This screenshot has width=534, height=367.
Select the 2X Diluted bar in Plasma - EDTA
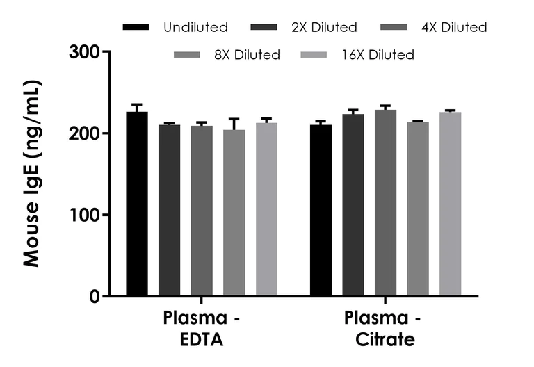(169, 211)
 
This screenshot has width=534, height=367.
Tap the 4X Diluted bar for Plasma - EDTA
(202, 211)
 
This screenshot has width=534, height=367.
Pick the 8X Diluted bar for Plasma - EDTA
(234, 213)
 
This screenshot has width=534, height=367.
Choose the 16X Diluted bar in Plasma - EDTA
(267, 209)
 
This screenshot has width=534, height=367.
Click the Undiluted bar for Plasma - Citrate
(321, 211)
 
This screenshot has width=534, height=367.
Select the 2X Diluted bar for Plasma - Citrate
(353, 205)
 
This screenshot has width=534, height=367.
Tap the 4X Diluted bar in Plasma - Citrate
(385, 203)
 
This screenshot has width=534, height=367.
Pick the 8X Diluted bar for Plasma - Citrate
(418, 209)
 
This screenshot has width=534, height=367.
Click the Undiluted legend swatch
(136, 28)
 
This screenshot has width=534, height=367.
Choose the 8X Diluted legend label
(248, 54)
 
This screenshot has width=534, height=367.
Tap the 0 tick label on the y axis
(94, 297)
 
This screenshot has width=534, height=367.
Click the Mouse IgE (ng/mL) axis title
(32, 174)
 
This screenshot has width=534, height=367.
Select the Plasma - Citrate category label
(380, 329)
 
